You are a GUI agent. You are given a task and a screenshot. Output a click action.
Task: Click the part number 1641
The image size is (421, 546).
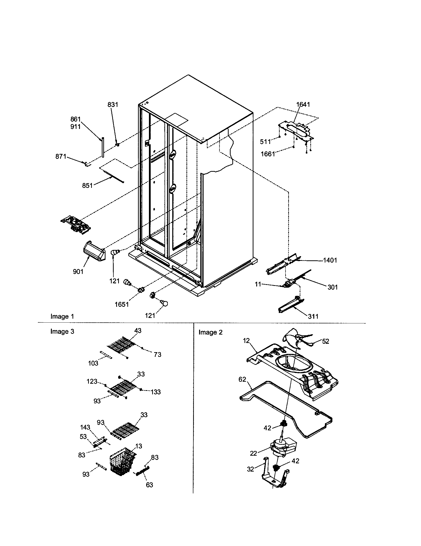[303, 104]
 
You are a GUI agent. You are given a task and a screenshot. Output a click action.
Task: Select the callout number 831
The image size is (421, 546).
[113, 104]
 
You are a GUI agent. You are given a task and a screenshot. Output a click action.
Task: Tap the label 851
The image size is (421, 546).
[87, 185]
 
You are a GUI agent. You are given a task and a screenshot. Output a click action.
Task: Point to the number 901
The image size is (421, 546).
[78, 271]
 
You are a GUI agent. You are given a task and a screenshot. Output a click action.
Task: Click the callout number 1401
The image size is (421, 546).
[330, 260]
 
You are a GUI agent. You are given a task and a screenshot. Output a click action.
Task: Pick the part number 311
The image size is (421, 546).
[313, 316]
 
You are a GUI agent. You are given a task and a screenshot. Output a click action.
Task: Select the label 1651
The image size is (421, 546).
[122, 304]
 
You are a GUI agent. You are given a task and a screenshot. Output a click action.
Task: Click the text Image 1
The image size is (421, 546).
[62, 316]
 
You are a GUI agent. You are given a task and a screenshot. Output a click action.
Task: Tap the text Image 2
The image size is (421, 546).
[210, 332]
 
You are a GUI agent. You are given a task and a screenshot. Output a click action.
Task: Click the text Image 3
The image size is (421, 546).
[62, 331]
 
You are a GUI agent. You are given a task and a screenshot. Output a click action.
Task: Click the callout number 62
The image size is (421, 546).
[242, 379]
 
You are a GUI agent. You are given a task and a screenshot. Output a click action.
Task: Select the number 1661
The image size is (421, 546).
[268, 154]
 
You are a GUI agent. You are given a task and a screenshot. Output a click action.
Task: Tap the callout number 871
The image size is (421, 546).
[61, 157]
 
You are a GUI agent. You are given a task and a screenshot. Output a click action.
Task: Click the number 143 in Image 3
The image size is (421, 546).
[85, 427]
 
